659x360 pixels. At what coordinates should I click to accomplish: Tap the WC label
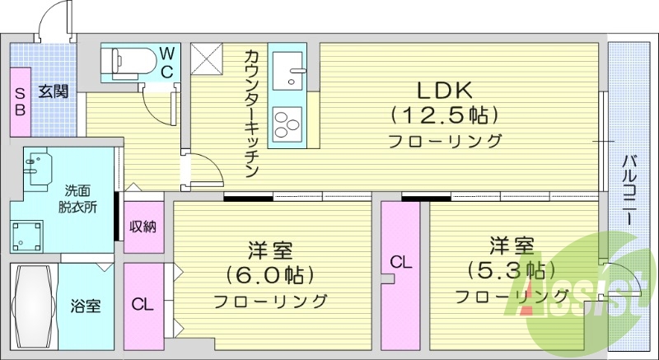coord(166,61)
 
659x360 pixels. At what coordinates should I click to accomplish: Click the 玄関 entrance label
coord(54,91)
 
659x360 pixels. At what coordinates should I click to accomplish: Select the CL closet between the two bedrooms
coord(400,262)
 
